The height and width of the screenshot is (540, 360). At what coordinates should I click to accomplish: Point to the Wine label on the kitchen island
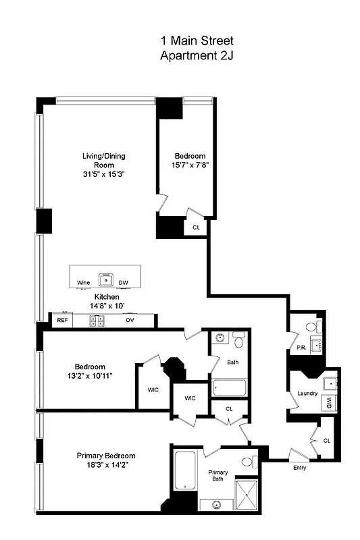(x=84, y=283)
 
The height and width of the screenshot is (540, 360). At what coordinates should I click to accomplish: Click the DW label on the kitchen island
(x=124, y=283)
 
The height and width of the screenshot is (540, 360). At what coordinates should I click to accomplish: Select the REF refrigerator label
(x=62, y=321)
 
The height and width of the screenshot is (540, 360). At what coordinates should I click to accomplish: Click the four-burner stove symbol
(x=97, y=321)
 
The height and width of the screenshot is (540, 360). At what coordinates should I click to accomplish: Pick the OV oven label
(x=130, y=321)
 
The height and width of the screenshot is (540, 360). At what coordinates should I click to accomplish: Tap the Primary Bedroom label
(x=106, y=455)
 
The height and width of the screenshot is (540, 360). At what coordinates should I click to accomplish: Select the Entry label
(x=300, y=467)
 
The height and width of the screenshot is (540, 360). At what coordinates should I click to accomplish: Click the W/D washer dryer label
(x=329, y=403)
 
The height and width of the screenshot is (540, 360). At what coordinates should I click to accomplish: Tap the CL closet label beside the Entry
(x=327, y=440)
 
